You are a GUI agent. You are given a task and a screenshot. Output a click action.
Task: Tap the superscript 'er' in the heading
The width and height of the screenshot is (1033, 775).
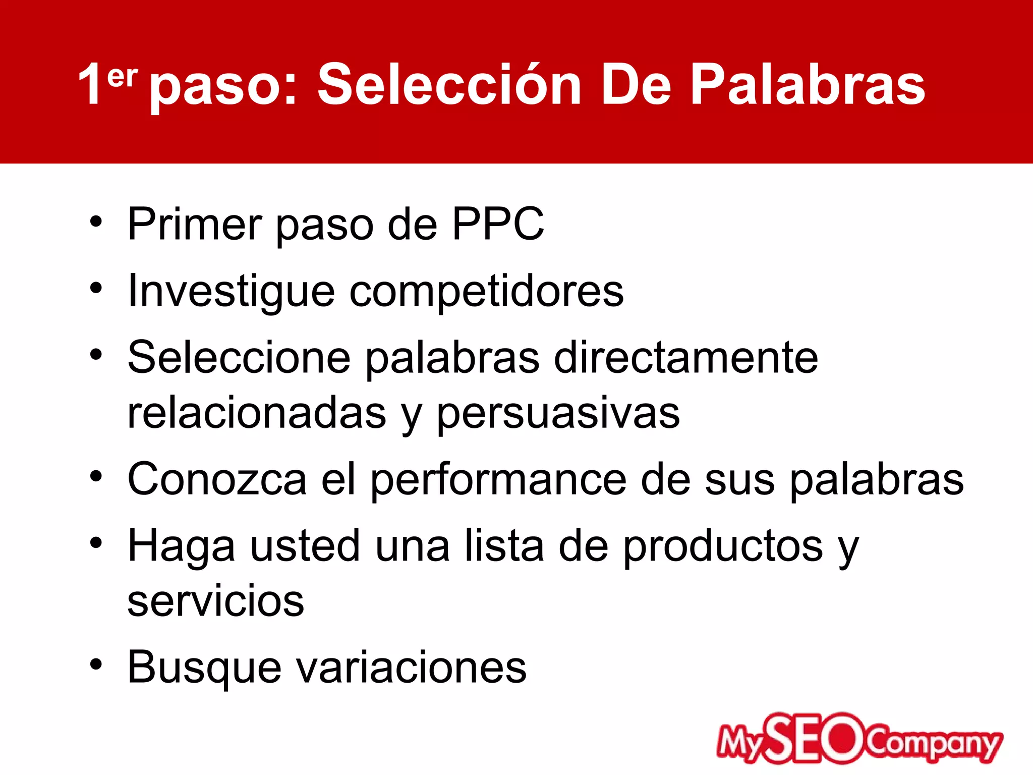coord(122,77)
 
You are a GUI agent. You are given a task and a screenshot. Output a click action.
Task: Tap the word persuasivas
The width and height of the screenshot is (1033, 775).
coord(558,414)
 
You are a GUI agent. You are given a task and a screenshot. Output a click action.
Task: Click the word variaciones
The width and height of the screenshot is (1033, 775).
coord(411,667)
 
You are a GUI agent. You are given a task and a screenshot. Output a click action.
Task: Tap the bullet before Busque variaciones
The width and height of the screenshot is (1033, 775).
coord(96,664)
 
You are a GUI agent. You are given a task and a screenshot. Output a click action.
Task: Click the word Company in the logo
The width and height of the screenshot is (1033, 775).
coord(933,744)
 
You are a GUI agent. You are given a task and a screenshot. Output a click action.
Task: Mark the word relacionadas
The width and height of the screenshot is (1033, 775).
coord(256,414)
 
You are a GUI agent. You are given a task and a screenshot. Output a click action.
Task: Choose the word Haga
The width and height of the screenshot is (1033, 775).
coord(181,547)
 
